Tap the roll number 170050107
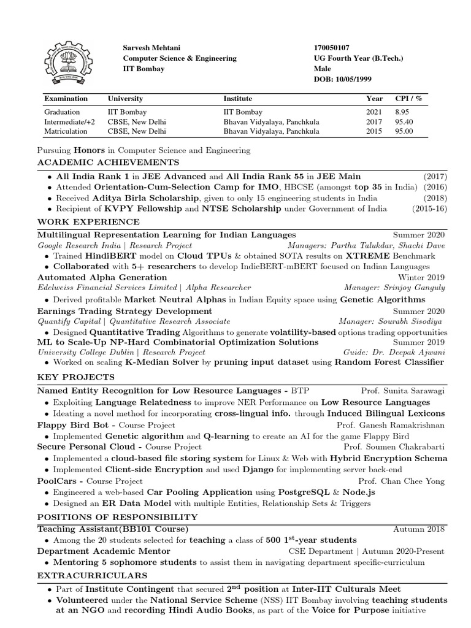click(x=332, y=48)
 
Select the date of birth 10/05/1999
click(x=351, y=79)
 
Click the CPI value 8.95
click(x=402, y=112)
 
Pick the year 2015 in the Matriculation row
click(x=374, y=131)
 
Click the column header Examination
click(x=66, y=98)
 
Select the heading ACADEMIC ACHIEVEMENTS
click(x=108, y=163)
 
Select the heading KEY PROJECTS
click(x=75, y=376)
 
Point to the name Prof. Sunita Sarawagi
click(x=402, y=390)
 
